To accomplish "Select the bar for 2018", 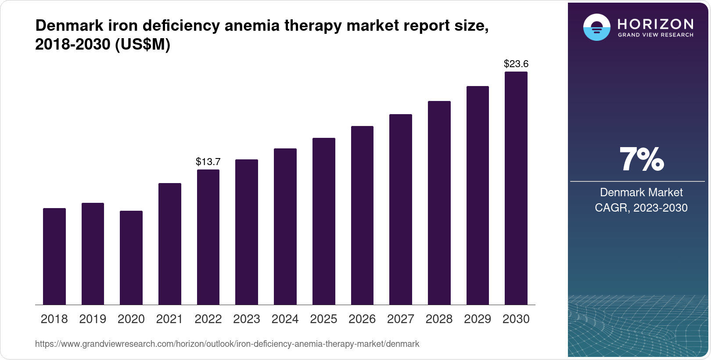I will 54,256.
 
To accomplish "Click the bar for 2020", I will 131,258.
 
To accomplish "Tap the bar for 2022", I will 208,237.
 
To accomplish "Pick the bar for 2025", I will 323,221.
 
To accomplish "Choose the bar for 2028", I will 439,203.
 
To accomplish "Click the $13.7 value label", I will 208,162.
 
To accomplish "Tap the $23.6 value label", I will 516,64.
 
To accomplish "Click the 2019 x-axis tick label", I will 93,319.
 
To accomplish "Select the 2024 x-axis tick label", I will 285,319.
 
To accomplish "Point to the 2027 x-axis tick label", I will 400,319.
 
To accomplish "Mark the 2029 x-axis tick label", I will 478,319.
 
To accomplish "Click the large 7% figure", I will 641,159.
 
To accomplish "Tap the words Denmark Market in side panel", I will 641,192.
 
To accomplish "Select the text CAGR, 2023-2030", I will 641,208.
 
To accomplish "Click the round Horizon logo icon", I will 596,27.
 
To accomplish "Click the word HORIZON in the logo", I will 655,24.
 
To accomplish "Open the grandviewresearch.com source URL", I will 227,344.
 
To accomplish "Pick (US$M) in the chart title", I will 142,45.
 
